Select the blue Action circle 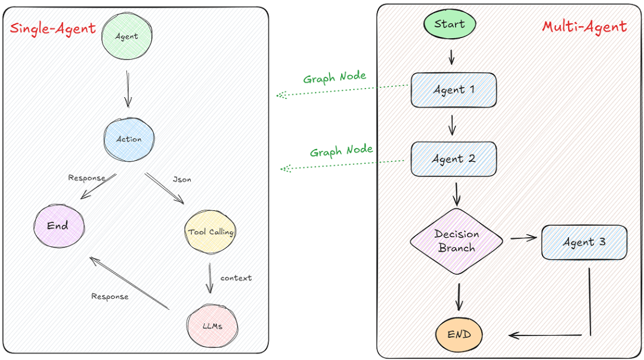click(129, 138)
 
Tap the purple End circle click(58, 225)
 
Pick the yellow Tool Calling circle click(210, 231)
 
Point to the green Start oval click(450, 24)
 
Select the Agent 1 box click(453, 90)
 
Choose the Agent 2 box click(453, 159)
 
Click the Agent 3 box click(584, 242)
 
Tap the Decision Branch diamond click(456, 241)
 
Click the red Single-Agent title click(52, 28)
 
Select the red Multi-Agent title click(584, 26)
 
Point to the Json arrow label click(182, 178)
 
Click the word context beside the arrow click(236, 278)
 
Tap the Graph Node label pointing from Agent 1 click(335, 78)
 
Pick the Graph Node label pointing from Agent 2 click(341, 151)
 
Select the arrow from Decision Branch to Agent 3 click(523, 238)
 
